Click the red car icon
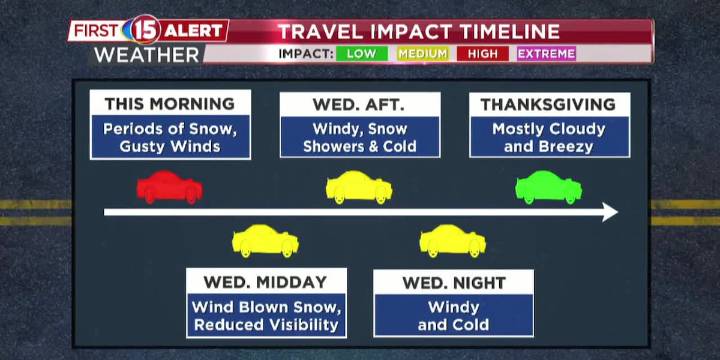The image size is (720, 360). click(169, 187)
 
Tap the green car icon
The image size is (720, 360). click(548, 187)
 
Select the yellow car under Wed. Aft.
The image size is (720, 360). click(359, 187)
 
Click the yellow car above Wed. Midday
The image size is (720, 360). click(265, 241)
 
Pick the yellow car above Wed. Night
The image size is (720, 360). click(452, 241)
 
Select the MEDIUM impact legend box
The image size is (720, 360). click(422, 53)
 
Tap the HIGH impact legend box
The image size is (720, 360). click(482, 53)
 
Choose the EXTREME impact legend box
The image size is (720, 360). click(546, 53)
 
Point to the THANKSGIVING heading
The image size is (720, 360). click(548, 104)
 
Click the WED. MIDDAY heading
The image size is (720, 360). click(265, 282)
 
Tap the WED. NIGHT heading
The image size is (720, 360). click(453, 283)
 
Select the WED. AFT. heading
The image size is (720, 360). click(359, 104)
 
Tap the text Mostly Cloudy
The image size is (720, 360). click(548, 129)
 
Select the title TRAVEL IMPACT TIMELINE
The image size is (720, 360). click(418, 31)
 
